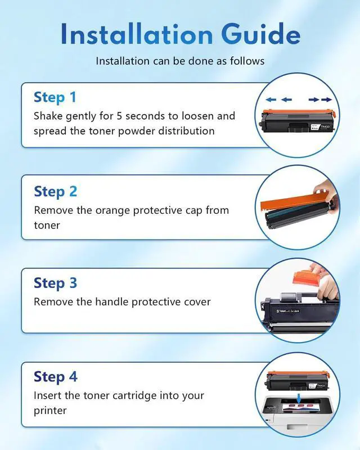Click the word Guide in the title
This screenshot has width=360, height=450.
[x=260, y=34]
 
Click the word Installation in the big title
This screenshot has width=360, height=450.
[x=137, y=34]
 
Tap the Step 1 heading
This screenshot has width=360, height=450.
[x=55, y=97]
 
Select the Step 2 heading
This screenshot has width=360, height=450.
[x=56, y=192]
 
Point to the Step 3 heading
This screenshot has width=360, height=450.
[x=56, y=283]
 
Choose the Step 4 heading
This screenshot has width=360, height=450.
[x=56, y=377]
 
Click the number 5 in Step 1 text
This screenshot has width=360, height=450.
[x=119, y=116]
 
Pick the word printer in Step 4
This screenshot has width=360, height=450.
[x=50, y=411]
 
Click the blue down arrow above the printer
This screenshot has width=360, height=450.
[x=299, y=398]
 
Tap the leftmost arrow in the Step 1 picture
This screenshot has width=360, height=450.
[x=271, y=100]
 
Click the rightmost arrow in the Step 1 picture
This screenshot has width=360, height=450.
[x=326, y=100]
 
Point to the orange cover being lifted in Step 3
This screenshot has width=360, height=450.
[x=306, y=277]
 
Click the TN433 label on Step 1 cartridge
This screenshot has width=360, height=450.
[x=325, y=126]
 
